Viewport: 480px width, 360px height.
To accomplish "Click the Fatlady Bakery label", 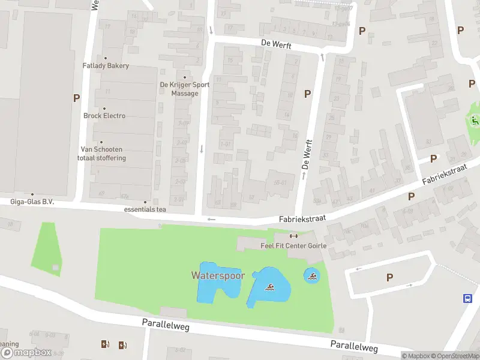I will (x=106, y=65).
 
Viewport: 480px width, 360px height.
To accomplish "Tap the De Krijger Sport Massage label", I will (x=184, y=89).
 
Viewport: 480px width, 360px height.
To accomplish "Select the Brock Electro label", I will (x=104, y=116).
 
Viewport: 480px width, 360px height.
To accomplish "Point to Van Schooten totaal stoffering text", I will (x=101, y=154).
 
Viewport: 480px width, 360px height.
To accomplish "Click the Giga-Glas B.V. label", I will (x=32, y=202).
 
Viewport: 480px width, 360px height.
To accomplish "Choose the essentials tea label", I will (x=145, y=209).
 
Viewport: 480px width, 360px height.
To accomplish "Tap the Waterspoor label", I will (x=218, y=275).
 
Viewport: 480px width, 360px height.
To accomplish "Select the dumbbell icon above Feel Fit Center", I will (x=293, y=235).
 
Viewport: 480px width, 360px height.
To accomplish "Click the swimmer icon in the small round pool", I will (x=311, y=276).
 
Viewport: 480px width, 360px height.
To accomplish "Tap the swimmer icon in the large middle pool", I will (x=270, y=289).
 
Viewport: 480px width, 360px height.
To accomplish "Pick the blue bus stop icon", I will (x=467, y=298).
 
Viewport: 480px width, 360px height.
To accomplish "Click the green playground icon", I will (x=475, y=120).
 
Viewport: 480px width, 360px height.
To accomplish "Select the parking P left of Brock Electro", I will (x=76, y=98).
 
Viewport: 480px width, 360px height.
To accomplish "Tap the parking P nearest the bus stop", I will (x=389, y=277).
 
